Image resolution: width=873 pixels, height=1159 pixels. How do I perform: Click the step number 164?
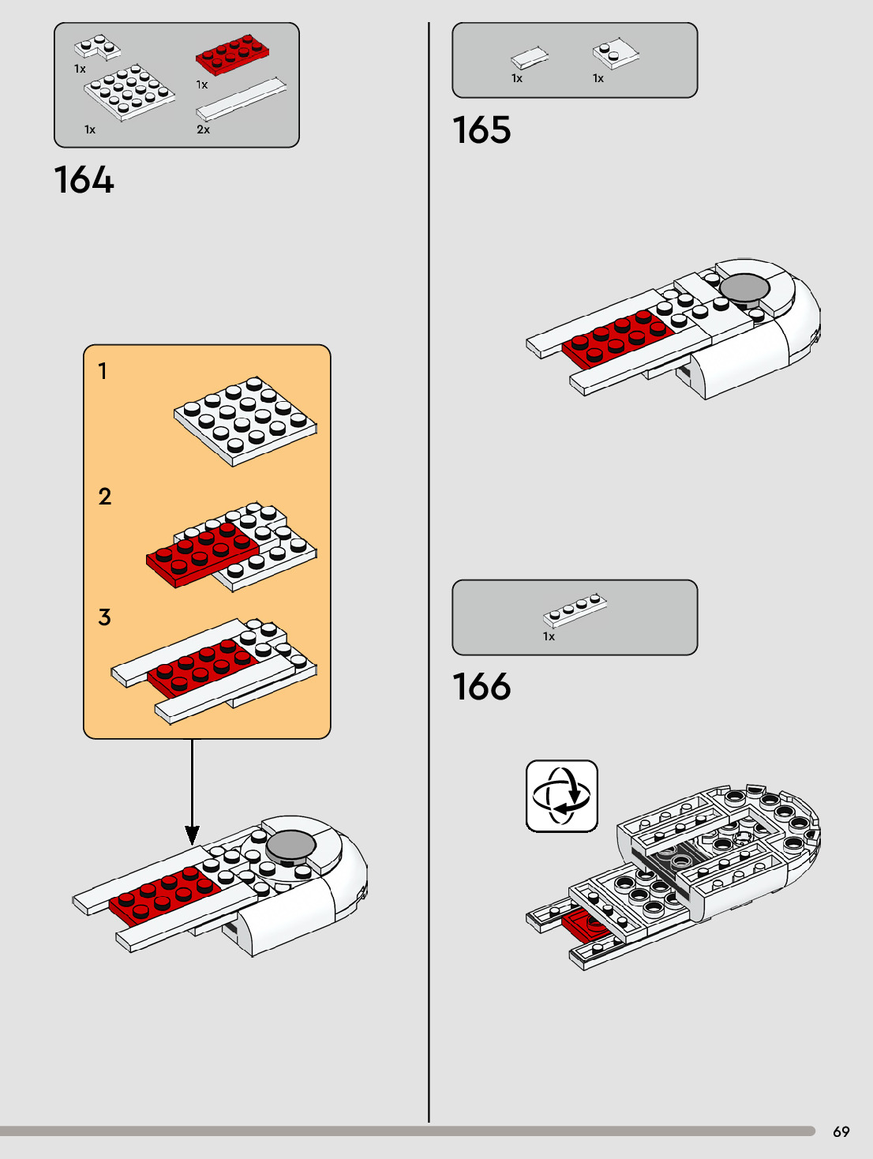pyautogui.click(x=84, y=179)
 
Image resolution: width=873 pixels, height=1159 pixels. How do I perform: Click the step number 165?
pyautogui.click(x=482, y=130)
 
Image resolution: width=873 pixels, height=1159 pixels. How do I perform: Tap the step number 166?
pyautogui.click(x=482, y=686)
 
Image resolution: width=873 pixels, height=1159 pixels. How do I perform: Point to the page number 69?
pyautogui.click(x=841, y=1131)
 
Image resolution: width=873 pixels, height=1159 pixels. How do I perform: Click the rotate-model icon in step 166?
pyautogui.click(x=562, y=797)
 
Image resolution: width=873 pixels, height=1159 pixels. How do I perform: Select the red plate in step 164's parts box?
pyautogui.click(x=232, y=54)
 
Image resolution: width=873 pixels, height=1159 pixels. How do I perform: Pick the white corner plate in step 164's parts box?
pyautogui.click(x=97, y=47)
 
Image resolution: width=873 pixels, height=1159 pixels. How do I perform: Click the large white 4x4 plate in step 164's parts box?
pyautogui.click(x=129, y=93)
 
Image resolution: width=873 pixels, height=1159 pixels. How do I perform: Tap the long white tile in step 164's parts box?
pyautogui.click(x=242, y=99)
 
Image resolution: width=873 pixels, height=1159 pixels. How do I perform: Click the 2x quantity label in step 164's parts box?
pyautogui.click(x=203, y=129)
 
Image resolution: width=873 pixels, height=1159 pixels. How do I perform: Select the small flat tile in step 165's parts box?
pyautogui.click(x=530, y=57)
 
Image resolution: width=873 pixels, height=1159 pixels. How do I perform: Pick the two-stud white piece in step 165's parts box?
pyautogui.click(x=616, y=53)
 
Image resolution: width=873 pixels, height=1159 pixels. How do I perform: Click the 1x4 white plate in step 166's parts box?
pyautogui.click(x=575, y=610)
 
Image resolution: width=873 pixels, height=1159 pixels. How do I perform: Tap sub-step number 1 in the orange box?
pyautogui.click(x=103, y=371)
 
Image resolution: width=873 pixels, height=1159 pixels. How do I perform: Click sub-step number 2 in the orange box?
pyautogui.click(x=104, y=497)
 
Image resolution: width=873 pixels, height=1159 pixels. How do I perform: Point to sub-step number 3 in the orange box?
pyautogui.click(x=104, y=617)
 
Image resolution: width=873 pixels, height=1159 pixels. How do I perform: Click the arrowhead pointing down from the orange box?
pyautogui.click(x=192, y=835)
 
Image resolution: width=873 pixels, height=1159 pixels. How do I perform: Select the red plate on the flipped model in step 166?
pyautogui.click(x=586, y=926)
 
